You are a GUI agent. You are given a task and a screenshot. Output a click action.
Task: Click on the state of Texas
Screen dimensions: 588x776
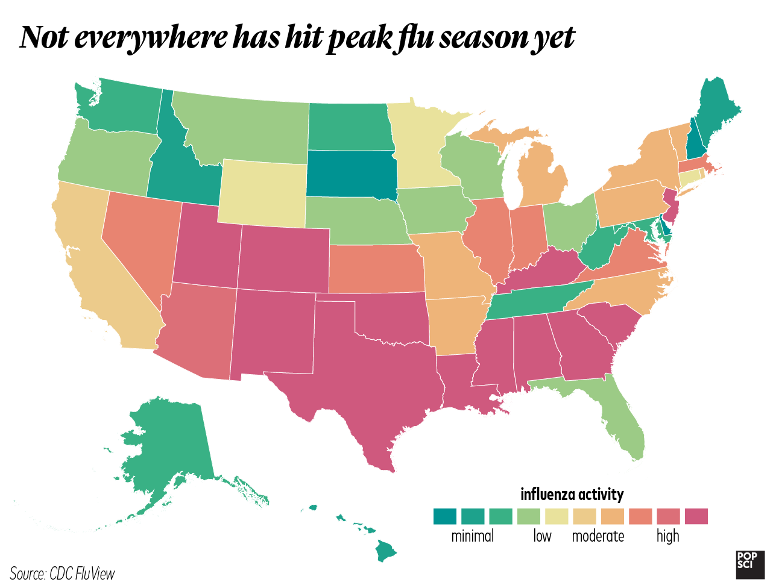click(362, 374)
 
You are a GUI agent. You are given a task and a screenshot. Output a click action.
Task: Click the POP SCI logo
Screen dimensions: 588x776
click(747, 560)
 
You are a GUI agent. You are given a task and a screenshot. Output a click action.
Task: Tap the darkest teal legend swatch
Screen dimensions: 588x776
click(447, 516)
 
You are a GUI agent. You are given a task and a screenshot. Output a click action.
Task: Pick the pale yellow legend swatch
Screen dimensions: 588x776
click(558, 516)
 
